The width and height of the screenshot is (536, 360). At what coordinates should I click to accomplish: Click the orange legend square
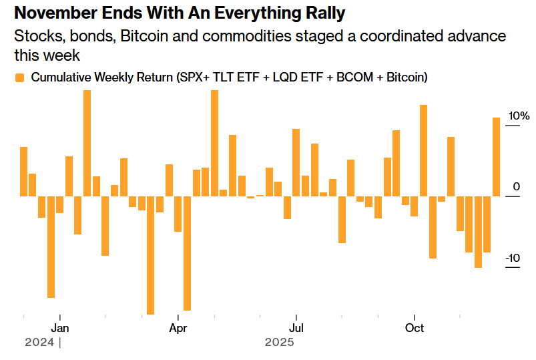[x=19, y=78]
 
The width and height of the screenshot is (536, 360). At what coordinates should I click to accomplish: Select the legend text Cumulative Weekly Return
[x=101, y=77]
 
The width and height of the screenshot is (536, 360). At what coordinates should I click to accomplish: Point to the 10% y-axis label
[x=519, y=116]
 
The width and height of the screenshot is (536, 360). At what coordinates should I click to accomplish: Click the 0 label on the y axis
[x=516, y=186]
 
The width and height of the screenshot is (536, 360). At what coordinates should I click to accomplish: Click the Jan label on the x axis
[x=60, y=328]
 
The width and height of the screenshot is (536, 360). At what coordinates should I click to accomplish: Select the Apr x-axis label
[x=178, y=328]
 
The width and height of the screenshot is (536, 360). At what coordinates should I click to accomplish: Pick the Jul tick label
[x=296, y=328]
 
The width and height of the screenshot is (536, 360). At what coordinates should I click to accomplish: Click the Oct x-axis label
[x=415, y=328]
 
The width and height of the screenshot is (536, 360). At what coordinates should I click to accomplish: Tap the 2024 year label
[x=39, y=343]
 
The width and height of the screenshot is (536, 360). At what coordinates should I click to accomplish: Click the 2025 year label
[x=279, y=343]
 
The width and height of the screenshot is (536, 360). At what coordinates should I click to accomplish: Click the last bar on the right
[x=496, y=157]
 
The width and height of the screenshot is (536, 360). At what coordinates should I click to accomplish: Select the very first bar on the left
[x=23, y=172]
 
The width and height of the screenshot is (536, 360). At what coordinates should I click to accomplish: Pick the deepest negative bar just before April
[x=150, y=254]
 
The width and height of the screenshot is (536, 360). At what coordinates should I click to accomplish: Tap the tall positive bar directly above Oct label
[x=423, y=150]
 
